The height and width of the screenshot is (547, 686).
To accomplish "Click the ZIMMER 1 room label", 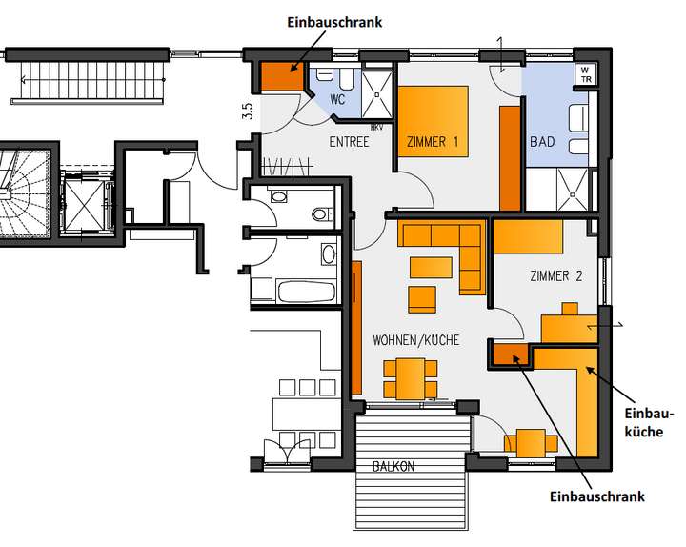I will pyautogui.click(x=433, y=143).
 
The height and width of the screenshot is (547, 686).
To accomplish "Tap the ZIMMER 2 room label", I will pyautogui.click(x=555, y=276).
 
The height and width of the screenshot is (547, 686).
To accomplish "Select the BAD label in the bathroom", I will pyautogui.click(x=541, y=143).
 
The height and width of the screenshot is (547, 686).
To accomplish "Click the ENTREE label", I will pyautogui.click(x=349, y=143).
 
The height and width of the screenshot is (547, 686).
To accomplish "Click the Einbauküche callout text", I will pyautogui.click(x=649, y=421).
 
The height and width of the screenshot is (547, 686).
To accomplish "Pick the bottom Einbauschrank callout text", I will pyautogui.click(x=597, y=496).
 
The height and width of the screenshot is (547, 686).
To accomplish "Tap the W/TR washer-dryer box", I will pyautogui.click(x=584, y=74).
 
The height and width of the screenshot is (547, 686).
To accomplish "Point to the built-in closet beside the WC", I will pyautogui.click(x=281, y=74).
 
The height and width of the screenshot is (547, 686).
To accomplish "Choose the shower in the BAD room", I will pyautogui.click(x=576, y=191).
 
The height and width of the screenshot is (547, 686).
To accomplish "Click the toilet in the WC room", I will pyautogui.click(x=324, y=74).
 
